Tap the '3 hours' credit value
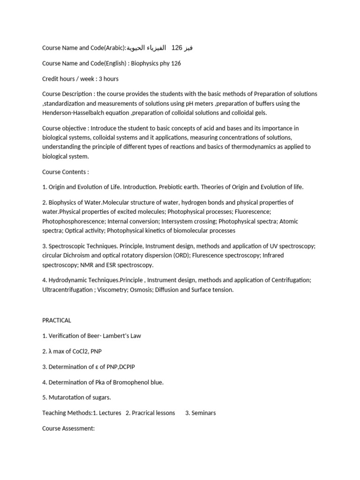tap(109, 79)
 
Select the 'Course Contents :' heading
tap(66, 172)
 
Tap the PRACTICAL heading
tap(57, 320)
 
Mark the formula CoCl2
tap(73, 351)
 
